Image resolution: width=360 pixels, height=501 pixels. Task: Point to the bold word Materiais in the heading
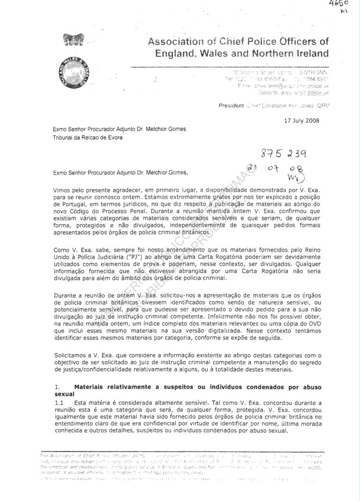92,387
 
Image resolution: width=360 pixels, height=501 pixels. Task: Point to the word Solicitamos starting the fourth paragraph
72,355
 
